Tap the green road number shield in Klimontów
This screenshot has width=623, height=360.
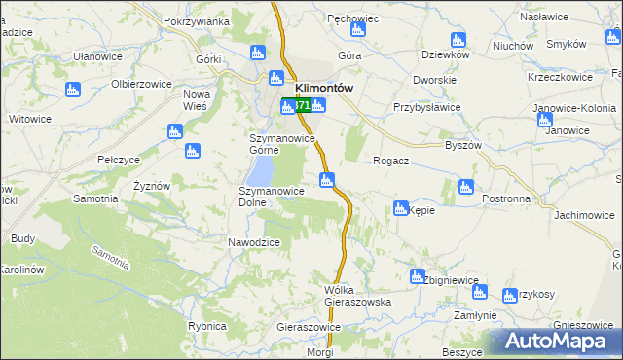coord(303,105)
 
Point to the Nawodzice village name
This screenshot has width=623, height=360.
coord(254,242)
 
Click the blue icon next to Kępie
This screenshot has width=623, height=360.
coord(400,208)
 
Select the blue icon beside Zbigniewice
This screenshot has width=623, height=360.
coord(418,276)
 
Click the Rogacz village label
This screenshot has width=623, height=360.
coord(390,162)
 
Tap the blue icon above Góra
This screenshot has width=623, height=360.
coord(357,30)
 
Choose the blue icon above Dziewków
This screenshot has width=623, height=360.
coord(458,40)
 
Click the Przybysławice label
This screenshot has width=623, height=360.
coord(426,108)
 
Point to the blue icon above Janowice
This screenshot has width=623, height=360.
coord(544,120)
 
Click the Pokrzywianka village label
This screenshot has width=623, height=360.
coord(197,21)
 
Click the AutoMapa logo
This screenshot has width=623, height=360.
coord(555,342)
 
